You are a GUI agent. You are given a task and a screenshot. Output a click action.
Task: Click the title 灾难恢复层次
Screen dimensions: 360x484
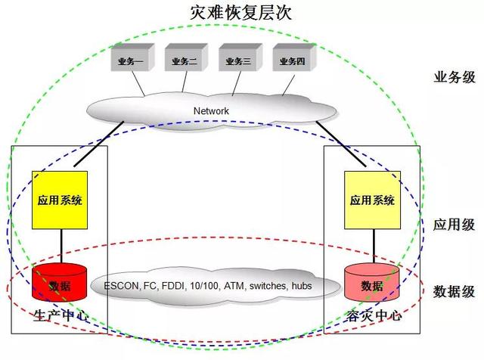click(241, 13)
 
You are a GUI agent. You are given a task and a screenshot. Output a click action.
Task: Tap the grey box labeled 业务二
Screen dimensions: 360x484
click(183, 61)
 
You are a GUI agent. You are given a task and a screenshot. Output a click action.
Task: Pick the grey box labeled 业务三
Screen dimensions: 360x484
click(237, 61)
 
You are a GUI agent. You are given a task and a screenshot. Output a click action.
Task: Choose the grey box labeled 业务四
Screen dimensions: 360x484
click(290, 61)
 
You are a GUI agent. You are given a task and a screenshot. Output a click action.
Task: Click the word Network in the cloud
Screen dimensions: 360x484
click(211, 111)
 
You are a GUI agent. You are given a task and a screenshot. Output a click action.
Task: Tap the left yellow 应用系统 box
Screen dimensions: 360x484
click(60, 201)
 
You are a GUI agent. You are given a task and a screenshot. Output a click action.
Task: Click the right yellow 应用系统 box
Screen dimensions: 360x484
click(372, 201)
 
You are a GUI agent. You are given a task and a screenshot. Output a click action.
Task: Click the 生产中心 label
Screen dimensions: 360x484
click(60, 315)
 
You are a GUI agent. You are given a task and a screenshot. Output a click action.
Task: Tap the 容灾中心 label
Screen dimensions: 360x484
click(371, 315)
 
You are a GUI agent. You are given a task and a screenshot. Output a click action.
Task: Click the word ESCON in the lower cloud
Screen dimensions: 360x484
click(119, 286)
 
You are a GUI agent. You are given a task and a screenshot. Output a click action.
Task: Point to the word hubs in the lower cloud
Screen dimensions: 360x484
click(309, 286)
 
